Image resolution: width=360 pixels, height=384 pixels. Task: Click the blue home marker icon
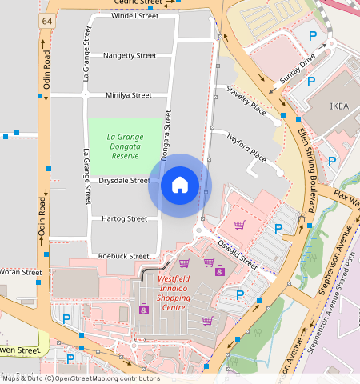coord(180,185)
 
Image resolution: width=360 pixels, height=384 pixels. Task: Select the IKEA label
coord(340,106)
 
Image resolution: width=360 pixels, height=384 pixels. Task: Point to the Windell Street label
coord(134,15)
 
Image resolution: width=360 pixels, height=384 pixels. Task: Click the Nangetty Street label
coord(130,55)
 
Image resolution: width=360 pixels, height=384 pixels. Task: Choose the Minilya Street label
coord(129,95)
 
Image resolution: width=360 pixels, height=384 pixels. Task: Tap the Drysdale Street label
coord(124,181)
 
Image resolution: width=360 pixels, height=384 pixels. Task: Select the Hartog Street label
coord(124,218)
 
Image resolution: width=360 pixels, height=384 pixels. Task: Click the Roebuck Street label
coord(123,256)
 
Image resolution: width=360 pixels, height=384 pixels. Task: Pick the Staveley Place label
coord(246,102)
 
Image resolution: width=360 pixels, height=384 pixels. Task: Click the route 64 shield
coord(48,20)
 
